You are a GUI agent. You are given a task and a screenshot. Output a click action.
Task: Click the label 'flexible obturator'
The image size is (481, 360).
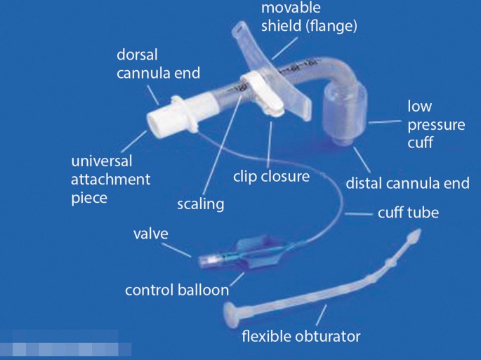pyautogui.click(x=301, y=336)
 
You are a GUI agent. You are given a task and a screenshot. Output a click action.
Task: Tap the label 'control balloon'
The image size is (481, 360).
pyautogui.click(x=177, y=290)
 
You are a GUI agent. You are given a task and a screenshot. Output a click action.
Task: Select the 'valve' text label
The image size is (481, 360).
pyautogui.click(x=150, y=234)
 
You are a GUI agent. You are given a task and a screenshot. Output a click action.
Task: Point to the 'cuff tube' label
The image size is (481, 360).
pyautogui.click(x=408, y=213)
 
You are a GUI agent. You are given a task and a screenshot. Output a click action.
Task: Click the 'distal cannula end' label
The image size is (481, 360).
pyautogui.click(x=407, y=184)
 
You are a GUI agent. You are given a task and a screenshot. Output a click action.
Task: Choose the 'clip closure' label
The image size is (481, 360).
pyautogui.click(x=271, y=176)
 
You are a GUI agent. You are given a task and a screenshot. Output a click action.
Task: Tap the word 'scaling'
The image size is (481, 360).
pyautogui.click(x=200, y=204)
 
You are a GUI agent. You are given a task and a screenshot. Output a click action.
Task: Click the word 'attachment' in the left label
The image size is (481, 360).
pyautogui.click(x=110, y=179)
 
